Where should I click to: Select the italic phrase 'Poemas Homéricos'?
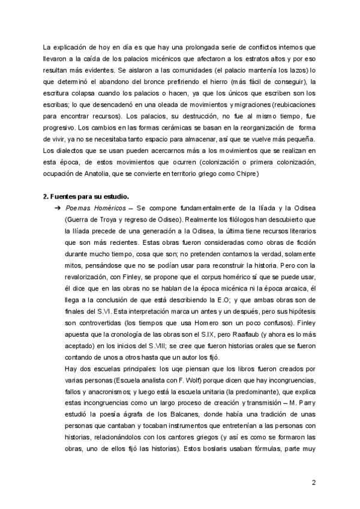click(90, 208)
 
